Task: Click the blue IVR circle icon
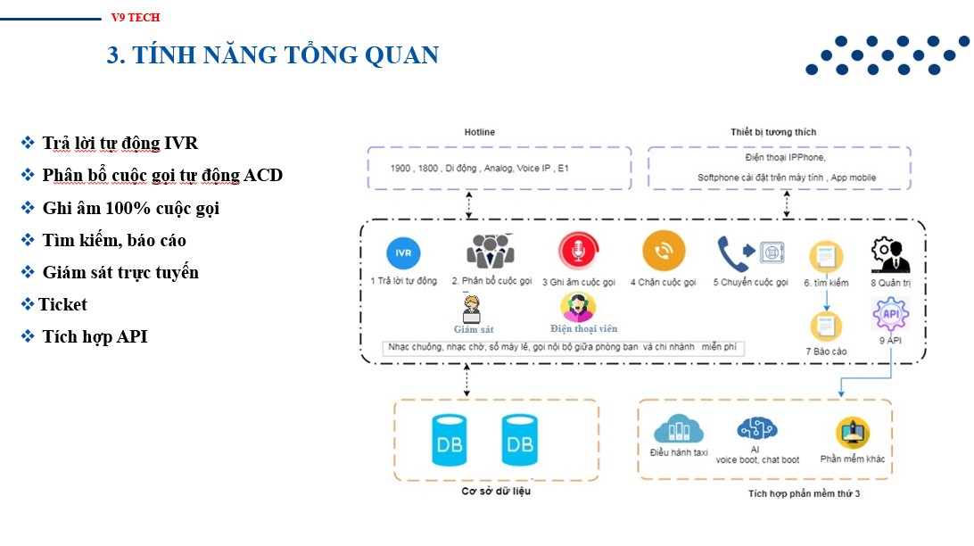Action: [403, 252]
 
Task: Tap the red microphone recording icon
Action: [578, 252]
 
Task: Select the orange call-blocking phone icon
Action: [664, 252]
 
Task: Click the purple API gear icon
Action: [890, 315]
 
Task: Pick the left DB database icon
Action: [447, 439]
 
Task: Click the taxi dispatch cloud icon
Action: [679, 429]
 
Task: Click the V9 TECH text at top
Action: [136, 17]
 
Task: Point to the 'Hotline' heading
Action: [479, 132]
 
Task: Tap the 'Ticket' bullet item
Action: [62, 304]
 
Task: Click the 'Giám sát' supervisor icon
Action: [473, 309]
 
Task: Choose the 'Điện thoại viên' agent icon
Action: [578, 307]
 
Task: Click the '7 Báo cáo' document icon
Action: [826, 326]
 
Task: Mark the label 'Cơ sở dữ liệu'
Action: [496, 491]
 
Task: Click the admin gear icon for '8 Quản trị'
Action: [889, 255]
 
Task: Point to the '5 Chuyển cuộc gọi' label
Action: [750, 282]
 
